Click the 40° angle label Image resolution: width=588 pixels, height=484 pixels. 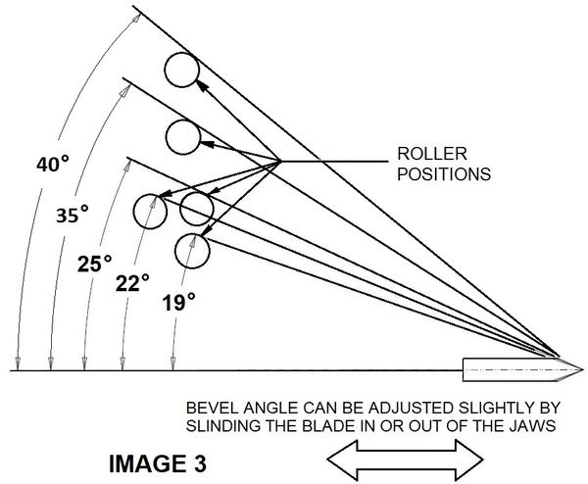point(53,164)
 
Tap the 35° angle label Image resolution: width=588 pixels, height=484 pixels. point(73,214)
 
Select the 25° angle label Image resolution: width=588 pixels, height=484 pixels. point(94,264)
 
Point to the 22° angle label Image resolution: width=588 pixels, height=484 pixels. point(132,283)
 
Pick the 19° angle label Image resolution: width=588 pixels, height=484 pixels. point(179,302)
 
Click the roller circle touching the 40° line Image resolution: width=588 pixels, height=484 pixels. point(181,70)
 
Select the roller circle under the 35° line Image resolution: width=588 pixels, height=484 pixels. point(183,137)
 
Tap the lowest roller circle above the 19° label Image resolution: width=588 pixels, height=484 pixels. point(192,251)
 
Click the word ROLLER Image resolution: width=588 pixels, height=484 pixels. point(432,154)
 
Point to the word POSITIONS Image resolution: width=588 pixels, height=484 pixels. point(444,174)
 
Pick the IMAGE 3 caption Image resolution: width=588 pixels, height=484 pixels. point(158,463)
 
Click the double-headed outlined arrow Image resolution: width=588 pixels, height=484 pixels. point(405,460)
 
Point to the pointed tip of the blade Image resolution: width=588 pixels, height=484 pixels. point(583,370)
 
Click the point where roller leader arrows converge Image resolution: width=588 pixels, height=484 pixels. point(281,162)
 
